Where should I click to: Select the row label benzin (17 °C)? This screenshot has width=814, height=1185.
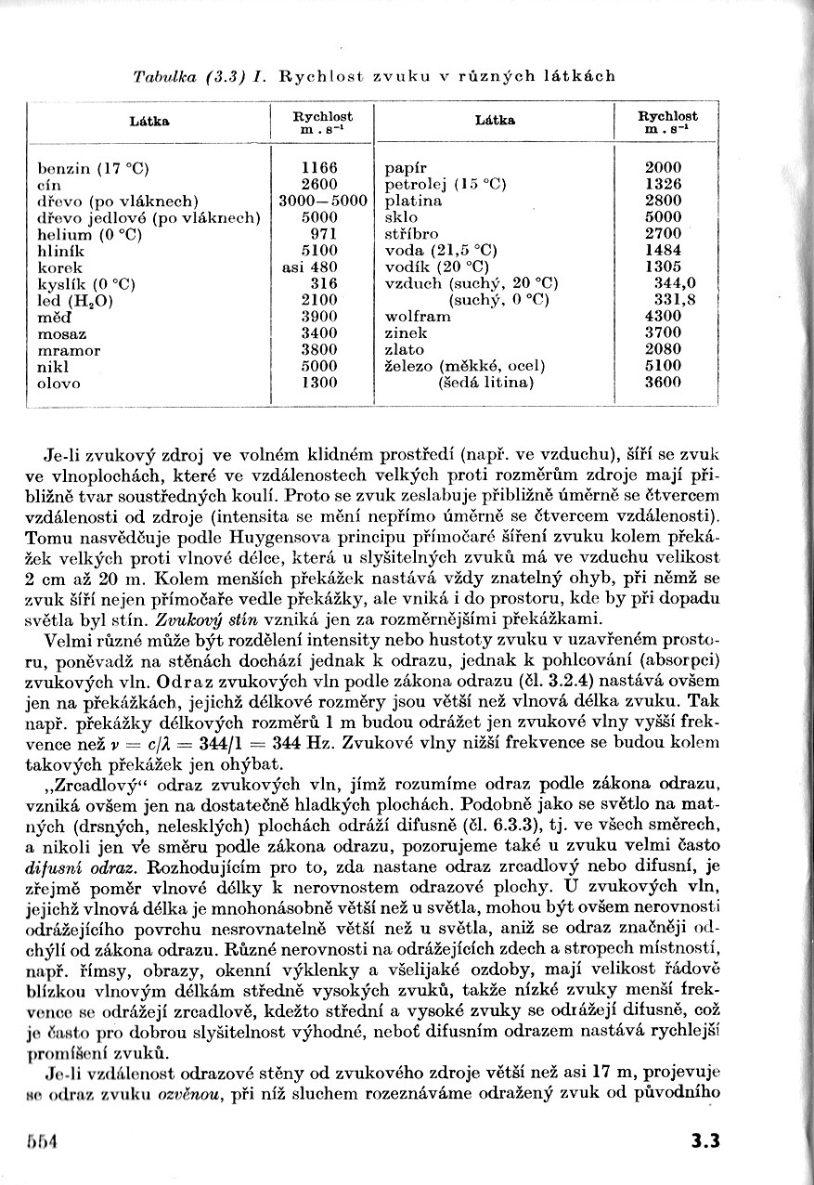click(x=93, y=168)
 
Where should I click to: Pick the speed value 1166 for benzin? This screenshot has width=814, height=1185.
click(x=319, y=168)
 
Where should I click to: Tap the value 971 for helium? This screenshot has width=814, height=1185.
click(x=319, y=234)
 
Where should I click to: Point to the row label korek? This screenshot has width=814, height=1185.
click(x=60, y=267)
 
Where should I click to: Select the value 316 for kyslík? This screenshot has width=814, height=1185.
click(x=319, y=283)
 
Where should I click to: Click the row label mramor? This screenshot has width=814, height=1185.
click(x=69, y=350)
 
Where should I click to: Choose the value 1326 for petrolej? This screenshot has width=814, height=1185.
click(x=663, y=184)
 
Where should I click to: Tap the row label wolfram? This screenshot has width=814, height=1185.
click(x=418, y=317)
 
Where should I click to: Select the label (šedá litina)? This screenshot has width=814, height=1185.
click(x=486, y=383)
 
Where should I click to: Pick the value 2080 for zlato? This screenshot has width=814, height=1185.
click(x=663, y=350)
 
